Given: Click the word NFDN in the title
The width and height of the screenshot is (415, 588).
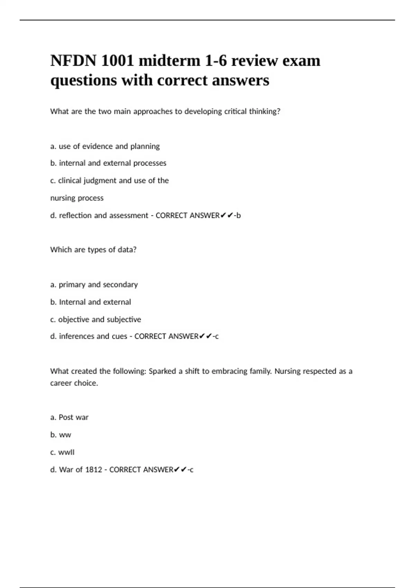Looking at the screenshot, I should (x=73, y=61).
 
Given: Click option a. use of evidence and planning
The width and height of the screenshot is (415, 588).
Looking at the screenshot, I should (x=105, y=146).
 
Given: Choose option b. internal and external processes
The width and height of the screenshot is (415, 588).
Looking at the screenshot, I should (x=108, y=163).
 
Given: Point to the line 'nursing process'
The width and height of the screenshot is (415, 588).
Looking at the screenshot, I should (x=77, y=198).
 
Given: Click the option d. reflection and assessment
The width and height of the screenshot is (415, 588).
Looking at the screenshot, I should (x=99, y=215).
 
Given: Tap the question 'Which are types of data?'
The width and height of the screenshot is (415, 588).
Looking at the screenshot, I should (x=93, y=250).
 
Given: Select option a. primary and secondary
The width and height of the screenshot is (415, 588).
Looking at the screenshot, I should (x=94, y=285).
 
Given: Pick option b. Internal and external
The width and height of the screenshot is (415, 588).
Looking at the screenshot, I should (x=91, y=302).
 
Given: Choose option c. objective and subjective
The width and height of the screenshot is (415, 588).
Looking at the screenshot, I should (x=95, y=319).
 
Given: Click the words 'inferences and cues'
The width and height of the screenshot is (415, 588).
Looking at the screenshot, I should (x=93, y=336).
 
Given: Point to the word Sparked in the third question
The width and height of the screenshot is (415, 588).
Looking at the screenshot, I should (x=162, y=371).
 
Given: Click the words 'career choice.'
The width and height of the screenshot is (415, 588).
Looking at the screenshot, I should (x=74, y=383).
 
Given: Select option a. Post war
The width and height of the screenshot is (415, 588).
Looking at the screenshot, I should (x=69, y=417).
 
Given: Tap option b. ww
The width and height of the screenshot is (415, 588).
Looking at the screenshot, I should (x=61, y=435).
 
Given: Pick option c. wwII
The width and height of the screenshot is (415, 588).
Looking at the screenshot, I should (x=62, y=452).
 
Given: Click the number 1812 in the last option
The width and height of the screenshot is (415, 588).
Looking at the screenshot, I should (x=94, y=470).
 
